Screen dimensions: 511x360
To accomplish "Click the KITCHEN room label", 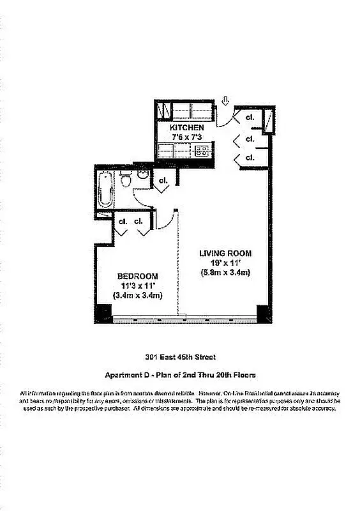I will tap(187, 128).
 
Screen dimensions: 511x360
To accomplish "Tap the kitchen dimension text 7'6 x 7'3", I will tap(186, 137).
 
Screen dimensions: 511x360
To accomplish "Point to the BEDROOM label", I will tap(138, 276).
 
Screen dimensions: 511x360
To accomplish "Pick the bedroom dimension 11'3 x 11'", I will tap(138, 286).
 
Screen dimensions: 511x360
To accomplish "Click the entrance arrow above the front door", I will tap(225, 100).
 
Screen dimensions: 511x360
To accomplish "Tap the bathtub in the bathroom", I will tap(105, 188).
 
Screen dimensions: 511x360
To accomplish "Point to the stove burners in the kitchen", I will tap(202, 151).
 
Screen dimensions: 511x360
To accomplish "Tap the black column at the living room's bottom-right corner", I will tap(262, 314).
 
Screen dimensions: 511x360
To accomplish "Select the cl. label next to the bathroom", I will tap(163, 181).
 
